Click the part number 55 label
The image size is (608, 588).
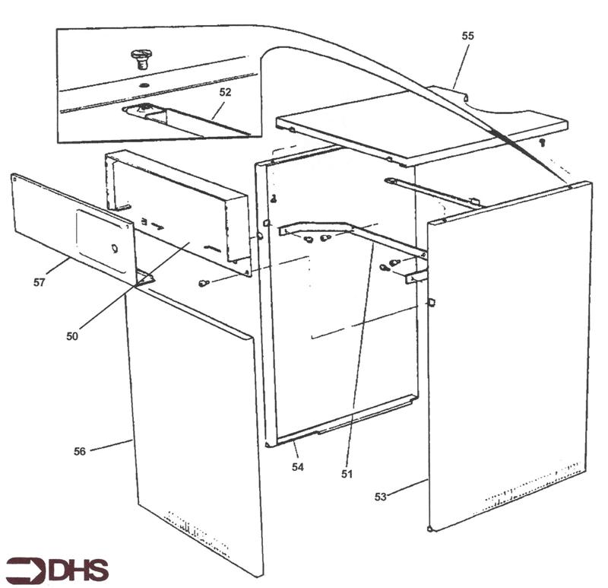[x=467, y=36]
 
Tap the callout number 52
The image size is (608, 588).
[x=225, y=92]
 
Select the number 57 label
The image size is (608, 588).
[x=40, y=282]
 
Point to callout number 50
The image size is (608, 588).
[x=72, y=336]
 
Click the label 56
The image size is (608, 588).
[x=80, y=451]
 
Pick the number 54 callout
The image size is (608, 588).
[x=298, y=467]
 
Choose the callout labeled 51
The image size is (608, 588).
[x=347, y=474]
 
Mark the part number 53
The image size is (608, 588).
[x=381, y=497]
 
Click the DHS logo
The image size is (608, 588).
[x=57, y=571]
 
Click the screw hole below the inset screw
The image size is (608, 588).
[x=144, y=85]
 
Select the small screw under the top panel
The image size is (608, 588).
[x=543, y=142]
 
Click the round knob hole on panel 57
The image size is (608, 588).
[x=115, y=249]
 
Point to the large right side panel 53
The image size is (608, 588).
[x=510, y=355]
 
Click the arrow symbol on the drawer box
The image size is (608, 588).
[x=157, y=225]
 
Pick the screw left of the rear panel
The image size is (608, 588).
[x=204, y=283]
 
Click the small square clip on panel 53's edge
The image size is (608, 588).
[x=431, y=302]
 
